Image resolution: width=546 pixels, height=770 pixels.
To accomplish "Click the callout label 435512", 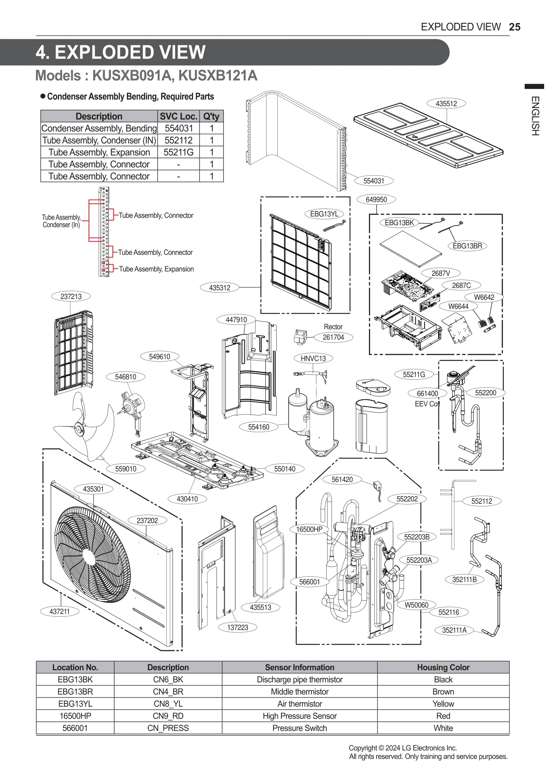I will (446, 103).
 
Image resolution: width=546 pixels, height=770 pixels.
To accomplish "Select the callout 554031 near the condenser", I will (374, 181).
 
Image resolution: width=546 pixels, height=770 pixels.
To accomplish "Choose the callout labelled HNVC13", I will (313, 358).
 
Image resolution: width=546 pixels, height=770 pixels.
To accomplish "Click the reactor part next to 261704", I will (300, 337).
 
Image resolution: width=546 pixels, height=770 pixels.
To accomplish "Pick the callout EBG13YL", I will (324, 214).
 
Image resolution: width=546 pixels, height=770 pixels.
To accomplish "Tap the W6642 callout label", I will (484, 297).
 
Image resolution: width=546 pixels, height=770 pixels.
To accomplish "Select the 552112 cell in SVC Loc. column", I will (178, 140).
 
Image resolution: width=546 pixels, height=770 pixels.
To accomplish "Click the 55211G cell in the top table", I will (178, 153).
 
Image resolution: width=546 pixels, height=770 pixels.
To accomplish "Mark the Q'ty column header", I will (211, 116).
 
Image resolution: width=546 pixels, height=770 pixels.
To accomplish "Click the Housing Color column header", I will (443, 667).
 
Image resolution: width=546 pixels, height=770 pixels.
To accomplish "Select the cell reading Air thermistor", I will (299, 704).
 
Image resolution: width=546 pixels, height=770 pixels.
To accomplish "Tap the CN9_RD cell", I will (168, 716).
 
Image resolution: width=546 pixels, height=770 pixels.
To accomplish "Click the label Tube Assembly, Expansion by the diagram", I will (156, 269).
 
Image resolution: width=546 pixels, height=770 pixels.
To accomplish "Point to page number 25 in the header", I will (514, 27).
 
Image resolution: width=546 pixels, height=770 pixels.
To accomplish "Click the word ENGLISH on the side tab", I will (535, 116).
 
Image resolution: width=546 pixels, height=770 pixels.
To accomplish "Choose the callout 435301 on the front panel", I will (93, 489).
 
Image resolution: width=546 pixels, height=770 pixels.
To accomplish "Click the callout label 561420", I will (342, 480).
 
